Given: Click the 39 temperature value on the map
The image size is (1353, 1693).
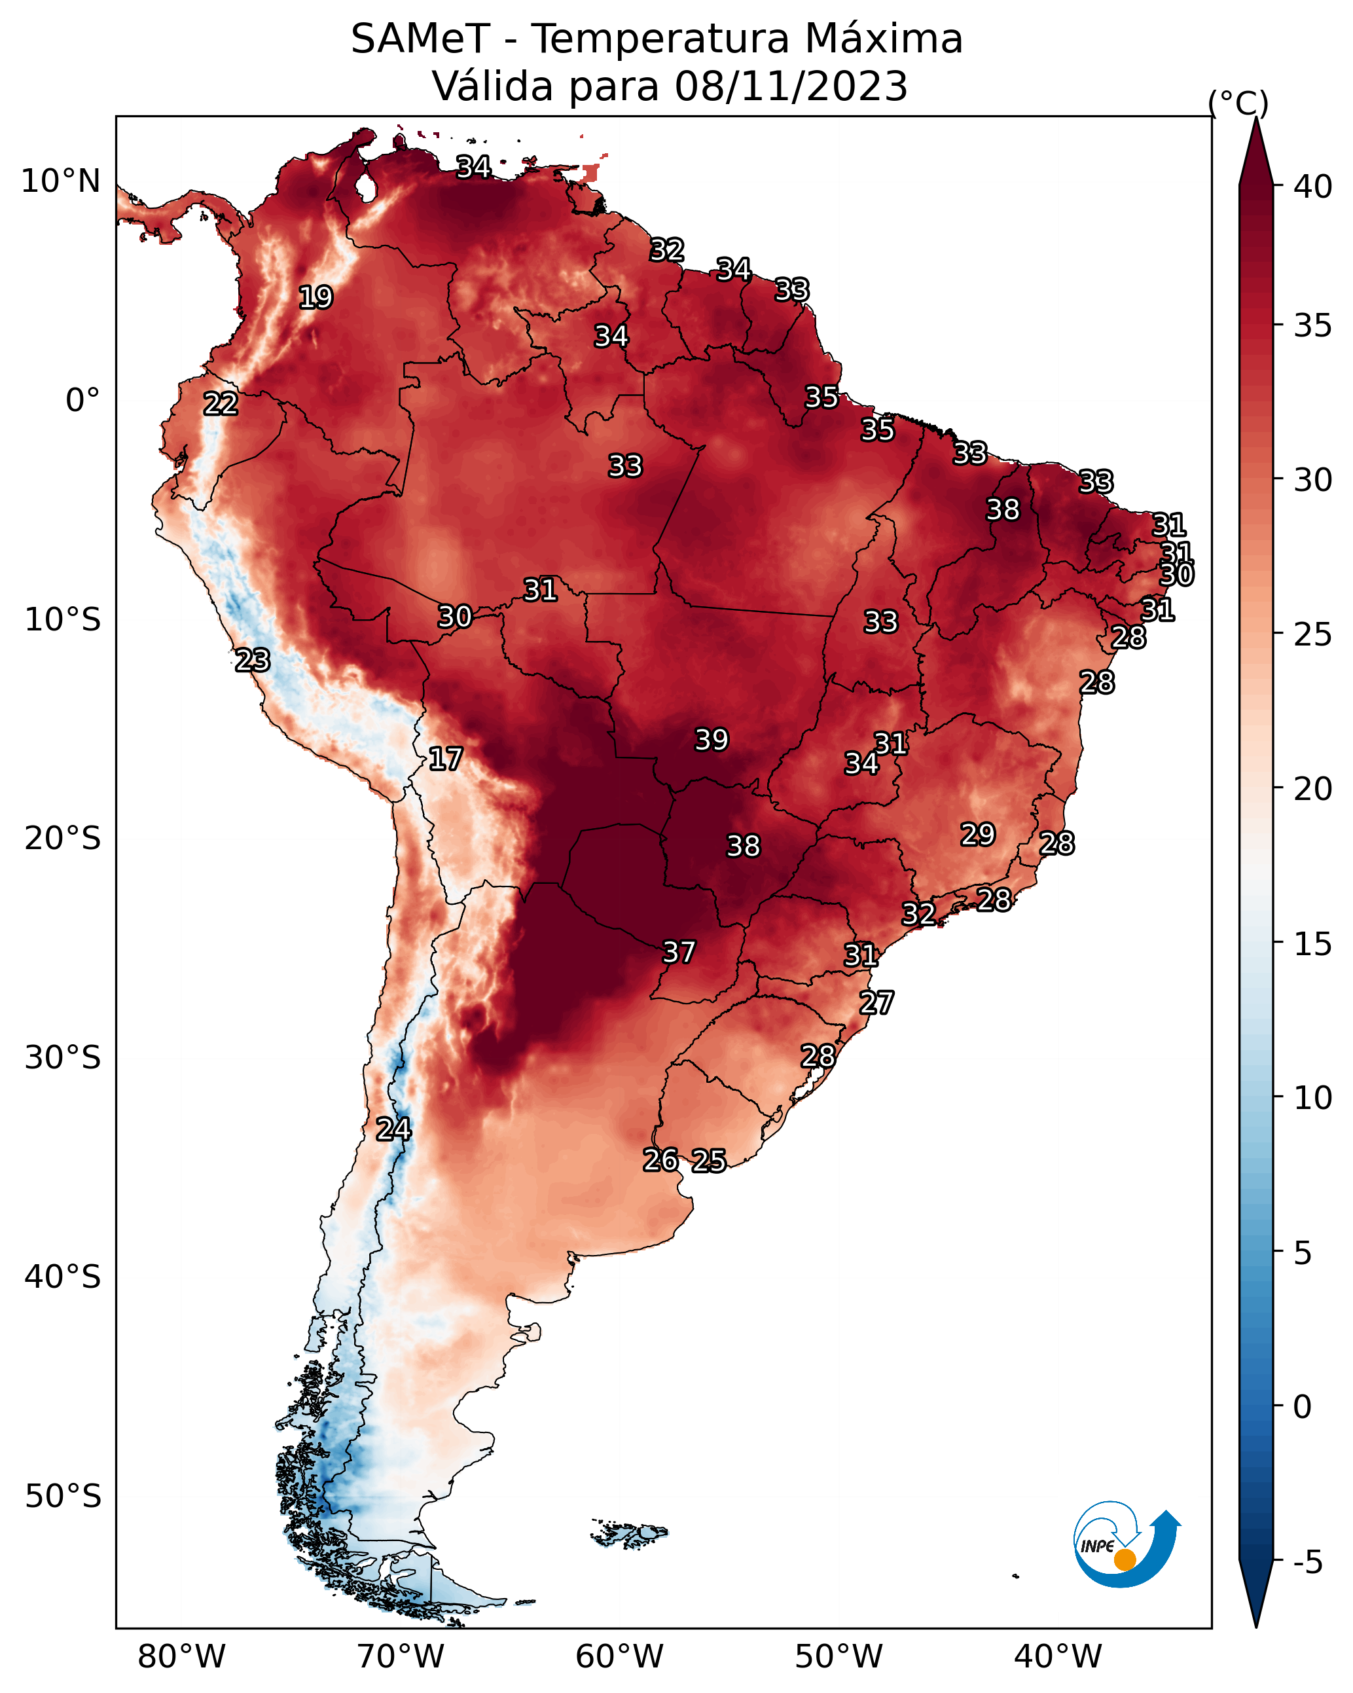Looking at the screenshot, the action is click(x=712, y=740).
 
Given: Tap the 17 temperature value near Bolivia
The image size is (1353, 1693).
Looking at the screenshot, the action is click(x=445, y=759).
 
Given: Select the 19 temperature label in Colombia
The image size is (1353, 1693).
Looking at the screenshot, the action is click(x=316, y=298).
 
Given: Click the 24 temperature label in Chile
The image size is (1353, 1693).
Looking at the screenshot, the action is click(x=393, y=1129).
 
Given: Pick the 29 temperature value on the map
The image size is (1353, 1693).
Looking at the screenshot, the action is click(x=979, y=835).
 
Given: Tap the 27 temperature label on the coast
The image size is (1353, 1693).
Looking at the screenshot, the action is click(x=876, y=1003).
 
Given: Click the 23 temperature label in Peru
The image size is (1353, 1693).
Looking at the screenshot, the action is click(x=253, y=661).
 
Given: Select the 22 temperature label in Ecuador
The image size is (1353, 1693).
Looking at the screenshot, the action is click(x=221, y=404).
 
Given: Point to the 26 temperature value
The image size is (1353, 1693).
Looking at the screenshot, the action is click(x=660, y=1160).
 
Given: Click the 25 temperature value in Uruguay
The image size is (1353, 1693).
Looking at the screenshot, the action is click(x=709, y=1161).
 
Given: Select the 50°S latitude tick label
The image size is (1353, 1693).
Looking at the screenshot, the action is click(x=63, y=1497).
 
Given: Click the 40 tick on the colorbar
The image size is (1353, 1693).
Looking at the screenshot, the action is click(x=1313, y=187).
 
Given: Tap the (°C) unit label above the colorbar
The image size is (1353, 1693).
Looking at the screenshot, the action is click(x=1238, y=103).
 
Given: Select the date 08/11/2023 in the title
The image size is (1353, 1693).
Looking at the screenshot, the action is click(x=791, y=86).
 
